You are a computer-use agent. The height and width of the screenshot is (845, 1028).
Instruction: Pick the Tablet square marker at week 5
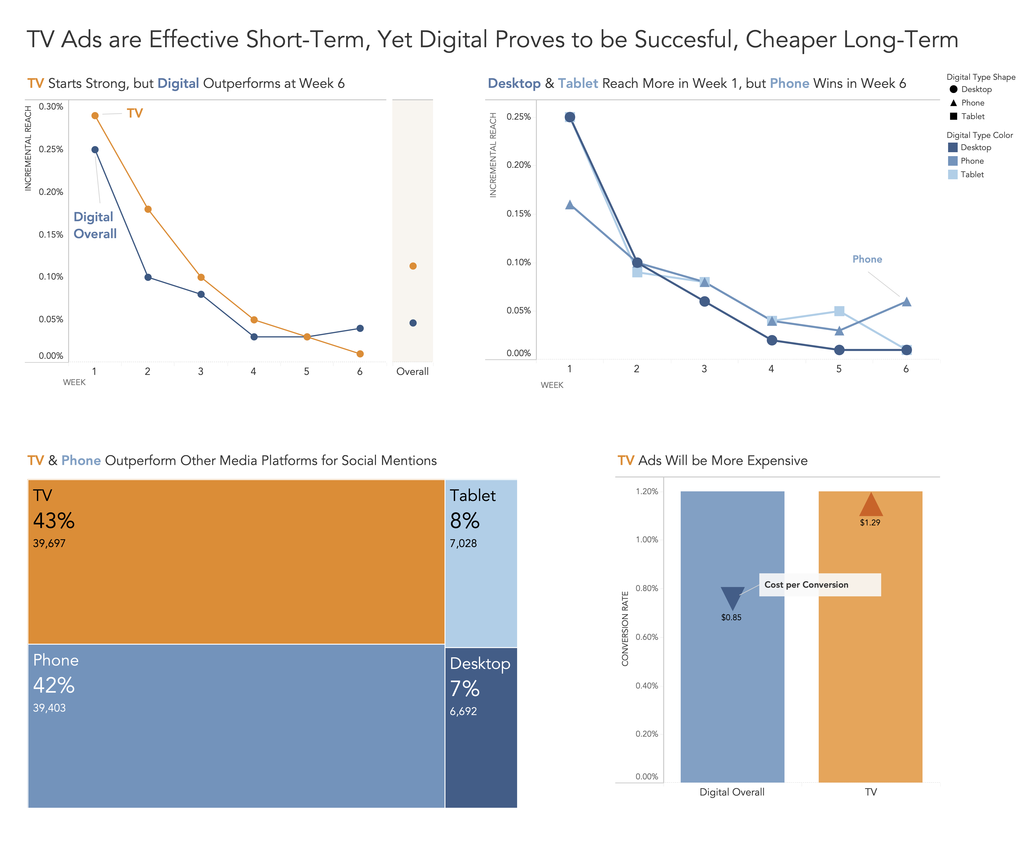click(x=839, y=311)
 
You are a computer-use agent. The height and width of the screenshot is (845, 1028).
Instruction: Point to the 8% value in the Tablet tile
click(x=465, y=521)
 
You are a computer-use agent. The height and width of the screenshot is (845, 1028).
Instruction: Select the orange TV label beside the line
click(x=135, y=113)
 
